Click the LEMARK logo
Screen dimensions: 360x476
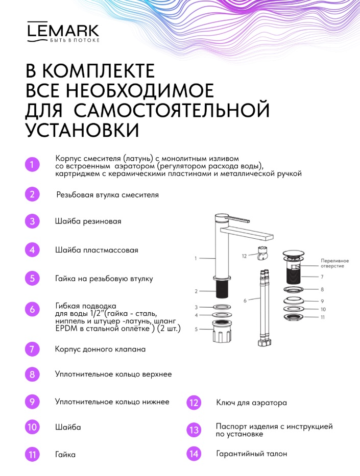(x=63, y=32)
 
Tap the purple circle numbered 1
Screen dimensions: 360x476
(x=32, y=165)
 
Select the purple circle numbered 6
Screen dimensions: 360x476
(x=32, y=309)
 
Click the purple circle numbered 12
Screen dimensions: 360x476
(x=194, y=403)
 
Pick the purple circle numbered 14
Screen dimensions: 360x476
(x=194, y=454)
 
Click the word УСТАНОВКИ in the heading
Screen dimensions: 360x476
(x=82, y=130)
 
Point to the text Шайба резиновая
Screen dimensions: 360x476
(x=88, y=221)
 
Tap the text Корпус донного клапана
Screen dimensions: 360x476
(x=100, y=349)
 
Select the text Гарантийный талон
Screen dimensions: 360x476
(x=252, y=454)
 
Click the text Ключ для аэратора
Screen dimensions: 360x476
(x=252, y=403)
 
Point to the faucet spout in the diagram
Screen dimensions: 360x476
(x=247, y=234)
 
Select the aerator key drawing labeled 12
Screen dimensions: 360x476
(x=261, y=254)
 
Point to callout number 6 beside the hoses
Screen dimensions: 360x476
(x=245, y=300)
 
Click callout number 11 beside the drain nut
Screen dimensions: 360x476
(x=323, y=317)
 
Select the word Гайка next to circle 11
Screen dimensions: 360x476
(x=65, y=455)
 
